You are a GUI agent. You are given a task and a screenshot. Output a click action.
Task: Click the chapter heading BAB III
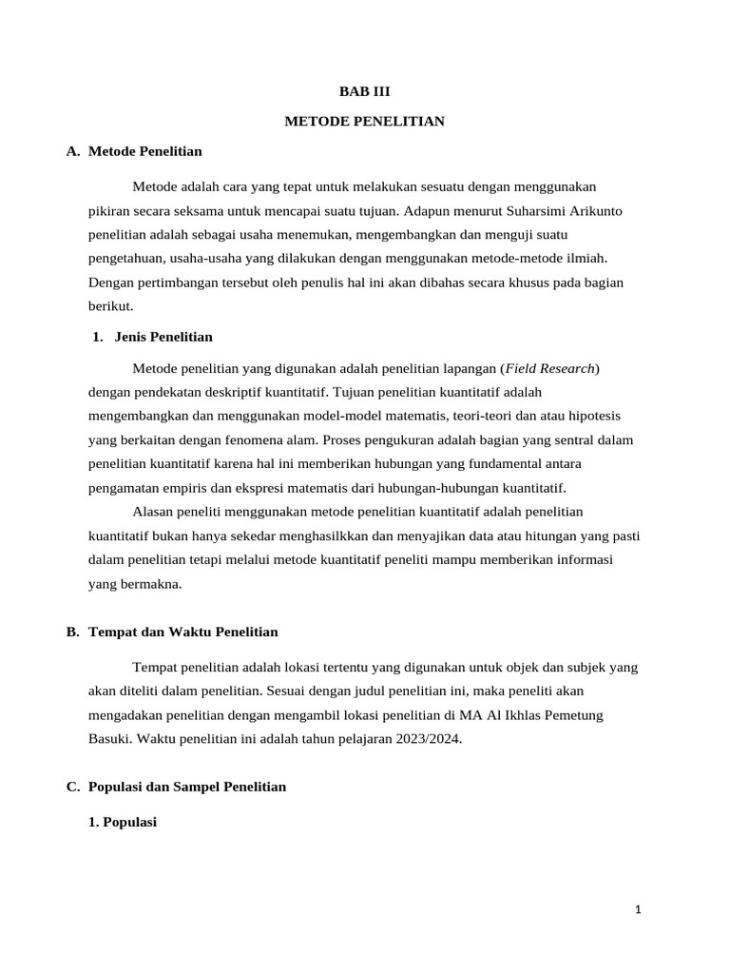click(365, 92)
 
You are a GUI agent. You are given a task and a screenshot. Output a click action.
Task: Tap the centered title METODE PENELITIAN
click(365, 122)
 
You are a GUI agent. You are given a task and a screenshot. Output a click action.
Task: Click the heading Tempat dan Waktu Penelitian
click(182, 633)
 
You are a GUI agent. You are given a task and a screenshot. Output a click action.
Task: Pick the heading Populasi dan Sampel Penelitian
click(186, 787)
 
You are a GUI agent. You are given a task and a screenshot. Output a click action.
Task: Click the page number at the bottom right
click(639, 910)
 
